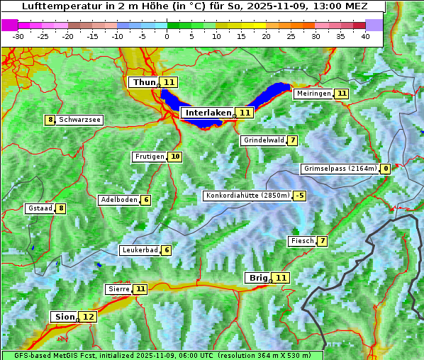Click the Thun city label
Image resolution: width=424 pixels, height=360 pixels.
(x=143, y=82)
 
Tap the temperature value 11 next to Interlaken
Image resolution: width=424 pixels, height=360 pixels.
(x=245, y=113)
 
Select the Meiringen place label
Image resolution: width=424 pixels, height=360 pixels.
(x=313, y=94)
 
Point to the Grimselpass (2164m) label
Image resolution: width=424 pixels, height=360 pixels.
(x=340, y=169)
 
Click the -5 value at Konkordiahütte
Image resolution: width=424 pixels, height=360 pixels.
(x=300, y=196)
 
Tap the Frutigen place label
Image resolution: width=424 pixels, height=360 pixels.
(x=149, y=157)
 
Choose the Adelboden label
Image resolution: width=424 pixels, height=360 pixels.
(x=118, y=200)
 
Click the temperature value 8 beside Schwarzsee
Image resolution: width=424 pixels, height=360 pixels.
(x=50, y=120)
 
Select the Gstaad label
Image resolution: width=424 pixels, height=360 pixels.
(x=40, y=208)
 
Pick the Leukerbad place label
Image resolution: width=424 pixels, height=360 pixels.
(x=139, y=250)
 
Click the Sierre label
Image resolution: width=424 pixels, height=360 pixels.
(x=118, y=289)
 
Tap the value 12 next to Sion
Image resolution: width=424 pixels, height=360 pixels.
(x=88, y=317)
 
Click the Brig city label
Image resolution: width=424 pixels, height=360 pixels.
(x=257, y=278)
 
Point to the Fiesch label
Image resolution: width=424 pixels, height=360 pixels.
(x=302, y=241)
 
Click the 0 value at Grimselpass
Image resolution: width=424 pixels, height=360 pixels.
(x=386, y=169)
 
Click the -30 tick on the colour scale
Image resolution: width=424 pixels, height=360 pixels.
(x=18, y=36)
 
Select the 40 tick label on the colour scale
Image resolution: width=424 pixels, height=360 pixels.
(x=365, y=36)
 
